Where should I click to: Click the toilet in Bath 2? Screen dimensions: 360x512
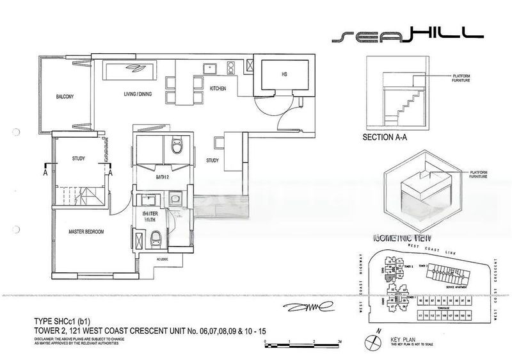[x=176, y=149]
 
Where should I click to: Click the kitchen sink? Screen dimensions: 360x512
[x=211, y=67]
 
